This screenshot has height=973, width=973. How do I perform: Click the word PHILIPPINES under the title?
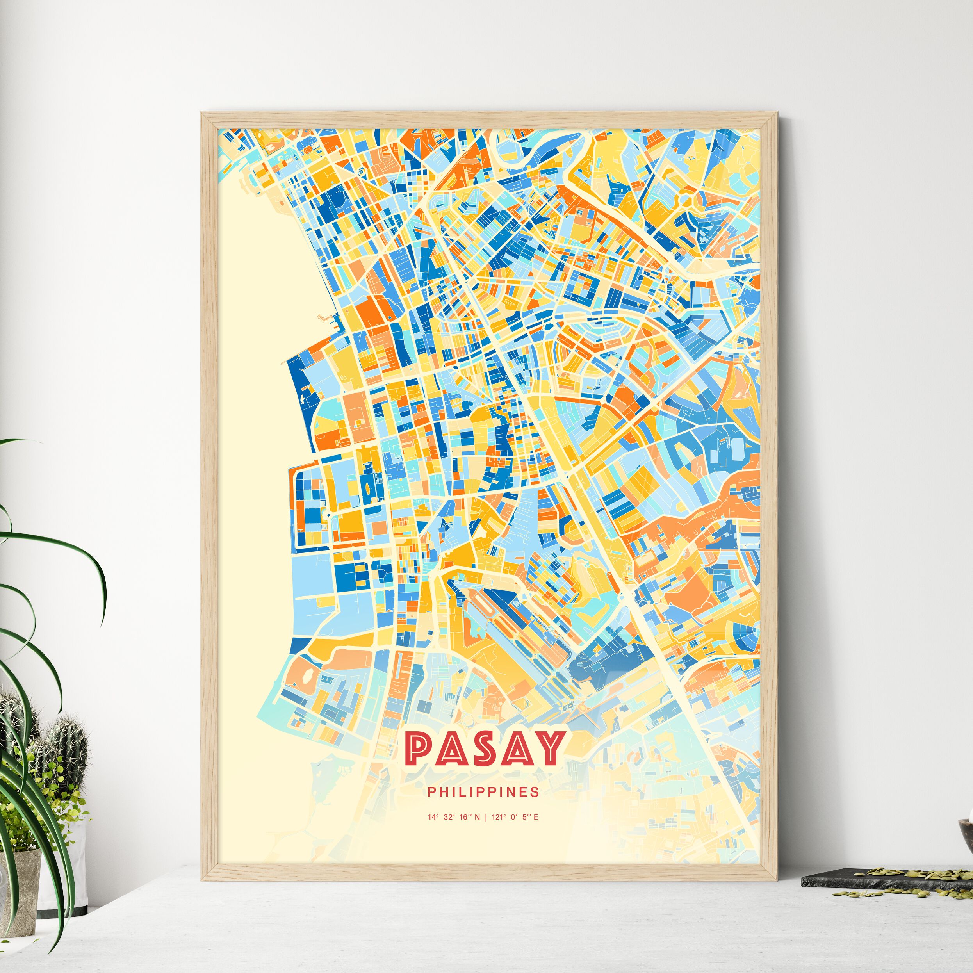[x=483, y=792]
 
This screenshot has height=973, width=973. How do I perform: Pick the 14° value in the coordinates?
[x=433, y=817]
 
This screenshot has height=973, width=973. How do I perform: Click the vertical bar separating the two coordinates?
[x=485, y=817]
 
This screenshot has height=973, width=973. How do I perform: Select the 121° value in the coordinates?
[x=499, y=817]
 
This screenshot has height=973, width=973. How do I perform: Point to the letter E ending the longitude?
[x=536, y=817]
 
